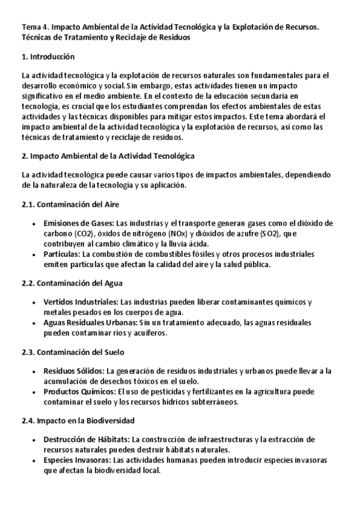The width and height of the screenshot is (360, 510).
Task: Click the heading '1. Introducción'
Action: point(47,57)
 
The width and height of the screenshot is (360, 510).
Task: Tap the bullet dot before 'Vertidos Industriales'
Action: point(34,302)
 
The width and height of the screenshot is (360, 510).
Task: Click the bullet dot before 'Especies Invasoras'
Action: point(34,460)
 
